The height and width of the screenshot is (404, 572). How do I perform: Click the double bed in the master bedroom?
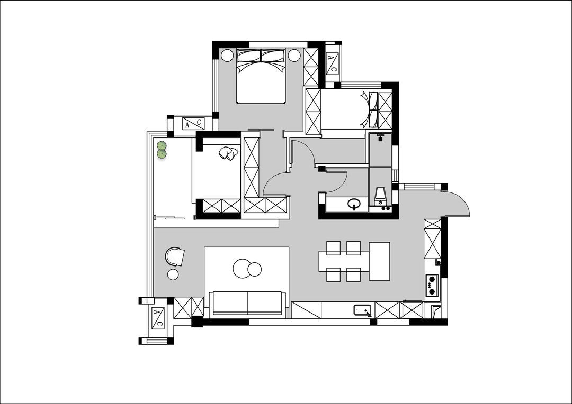pyautogui.click(x=261, y=76)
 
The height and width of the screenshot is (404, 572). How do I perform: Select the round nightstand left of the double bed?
pyautogui.click(x=227, y=56)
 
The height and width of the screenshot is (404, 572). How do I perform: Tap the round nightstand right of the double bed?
pyautogui.click(x=294, y=56)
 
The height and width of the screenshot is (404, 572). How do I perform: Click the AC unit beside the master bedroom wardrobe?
pyautogui.click(x=332, y=63)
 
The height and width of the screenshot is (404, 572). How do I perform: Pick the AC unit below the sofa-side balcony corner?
pyautogui.click(x=158, y=318)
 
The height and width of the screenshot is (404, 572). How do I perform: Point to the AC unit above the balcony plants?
pyautogui.click(x=193, y=124)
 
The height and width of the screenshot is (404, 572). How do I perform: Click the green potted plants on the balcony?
pyautogui.click(x=162, y=150)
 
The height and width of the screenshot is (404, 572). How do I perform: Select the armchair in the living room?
pyautogui.click(x=175, y=256)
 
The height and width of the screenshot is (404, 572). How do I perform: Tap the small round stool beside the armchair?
pyautogui.click(x=173, y=274)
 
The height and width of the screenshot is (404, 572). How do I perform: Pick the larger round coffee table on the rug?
pyautogui.click(x=242, y=269)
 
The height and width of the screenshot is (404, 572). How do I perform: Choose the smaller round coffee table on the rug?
pyautogui.click(x=255, y=270)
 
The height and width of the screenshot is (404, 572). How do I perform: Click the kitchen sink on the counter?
pyautogui.click(x=363, y=310)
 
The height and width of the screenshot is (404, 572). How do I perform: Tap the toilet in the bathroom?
pyautogui.click(x=380, y=196)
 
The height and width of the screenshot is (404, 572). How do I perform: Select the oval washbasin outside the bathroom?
pyautogui.click(x=353, y=203)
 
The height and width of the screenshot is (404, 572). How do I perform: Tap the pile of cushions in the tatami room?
pyautogui.click(x=228, y=153)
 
